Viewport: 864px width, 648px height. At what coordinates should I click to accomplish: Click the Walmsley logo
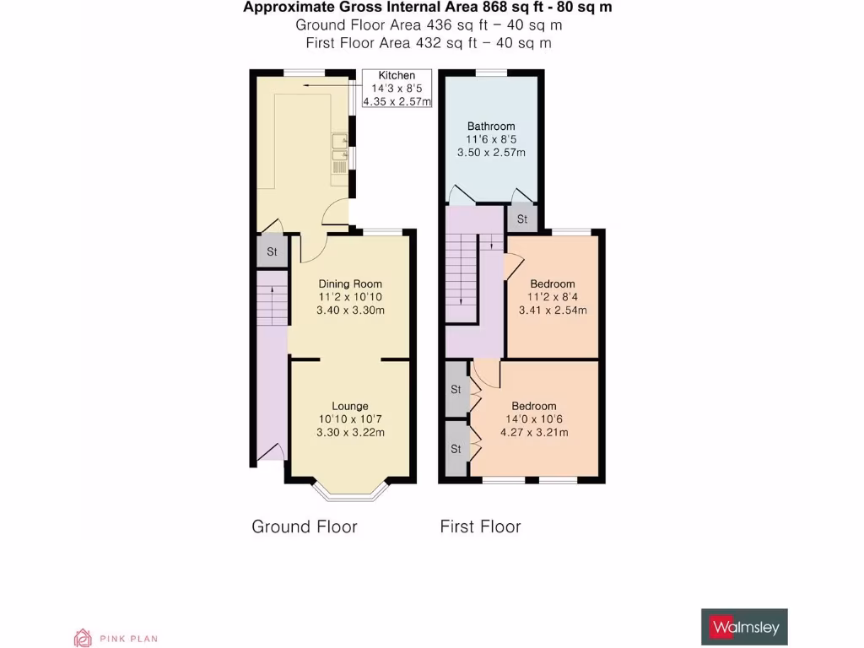tap(744, 628)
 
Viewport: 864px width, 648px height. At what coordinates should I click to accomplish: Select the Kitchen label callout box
tap(397, 89)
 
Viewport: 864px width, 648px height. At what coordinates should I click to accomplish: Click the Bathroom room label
tap(491, 127)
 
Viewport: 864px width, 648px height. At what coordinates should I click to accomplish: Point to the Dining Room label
tap(350, 283)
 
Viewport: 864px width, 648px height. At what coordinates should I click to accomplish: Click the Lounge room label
tap(350, 406)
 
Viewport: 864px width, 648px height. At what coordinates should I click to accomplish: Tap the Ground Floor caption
tap(305, 526)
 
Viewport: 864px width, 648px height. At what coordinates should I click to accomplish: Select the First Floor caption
tap(480, 526)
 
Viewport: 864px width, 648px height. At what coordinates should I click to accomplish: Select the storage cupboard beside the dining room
tap(272, 252)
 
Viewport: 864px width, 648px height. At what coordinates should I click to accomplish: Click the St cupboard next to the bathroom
tap(521, 219)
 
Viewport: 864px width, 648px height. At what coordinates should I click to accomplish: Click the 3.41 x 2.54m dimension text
tap(553, 310)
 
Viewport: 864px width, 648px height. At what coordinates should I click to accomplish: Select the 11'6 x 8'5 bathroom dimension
tap(491, 140)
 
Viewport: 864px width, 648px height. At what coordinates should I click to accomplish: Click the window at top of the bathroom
tap(491, 73)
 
